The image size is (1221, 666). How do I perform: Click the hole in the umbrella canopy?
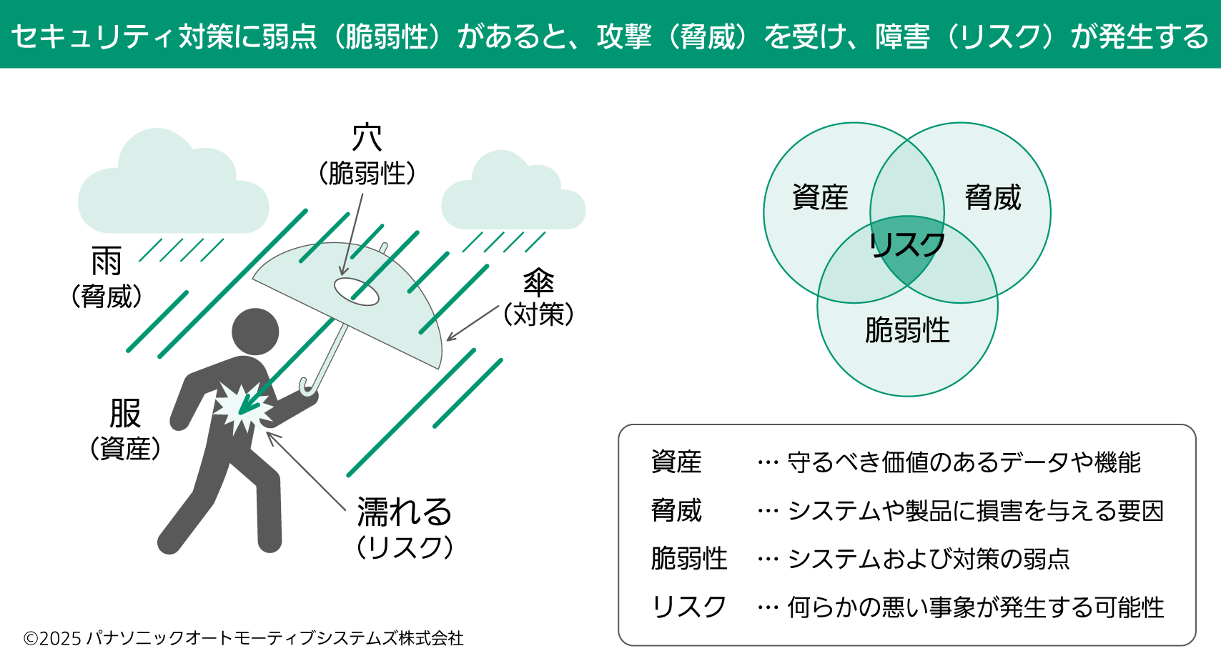tap(356, 291)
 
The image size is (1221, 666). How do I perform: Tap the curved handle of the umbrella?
tap(308, 387)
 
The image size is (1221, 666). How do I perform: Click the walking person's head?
tap(255, 332)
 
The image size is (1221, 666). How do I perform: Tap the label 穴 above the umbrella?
tap(367, 138)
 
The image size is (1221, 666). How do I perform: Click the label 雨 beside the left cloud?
tap(107, 262)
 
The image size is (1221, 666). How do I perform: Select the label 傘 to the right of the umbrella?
tap(538, 282)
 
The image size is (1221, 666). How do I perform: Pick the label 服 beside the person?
tap(125, 413)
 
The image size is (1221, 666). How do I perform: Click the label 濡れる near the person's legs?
tap(405, 512)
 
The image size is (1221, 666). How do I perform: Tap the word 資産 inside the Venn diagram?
tap(820, 197)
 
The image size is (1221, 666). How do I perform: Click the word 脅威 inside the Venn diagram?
tap(993, 197)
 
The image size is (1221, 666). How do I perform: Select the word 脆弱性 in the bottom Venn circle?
tap(907, 330)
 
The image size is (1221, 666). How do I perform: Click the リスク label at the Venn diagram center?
tap(907, 245)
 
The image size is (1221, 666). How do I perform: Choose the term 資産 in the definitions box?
tap(676, 462)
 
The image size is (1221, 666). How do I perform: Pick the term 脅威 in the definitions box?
tap(676, 510)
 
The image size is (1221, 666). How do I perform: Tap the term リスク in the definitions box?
tap(688, 607)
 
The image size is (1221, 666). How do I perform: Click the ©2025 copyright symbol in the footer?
tap(30, 638)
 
